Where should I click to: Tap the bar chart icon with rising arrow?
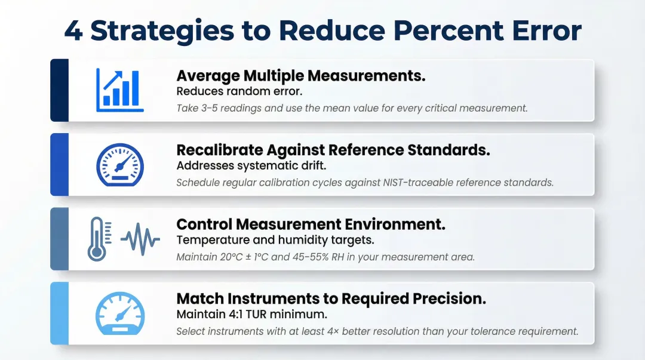click(120, 90)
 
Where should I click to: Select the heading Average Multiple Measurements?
click(301, 76)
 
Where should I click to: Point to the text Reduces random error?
click(239, 91)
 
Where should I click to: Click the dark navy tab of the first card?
click(59, 90)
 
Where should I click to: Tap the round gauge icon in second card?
click(120, 164)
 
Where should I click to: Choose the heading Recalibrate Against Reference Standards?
click(333, 150)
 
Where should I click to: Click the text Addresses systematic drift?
click(251, 165)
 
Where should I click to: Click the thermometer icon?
click(97, 239)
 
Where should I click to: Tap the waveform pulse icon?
click(140, 239)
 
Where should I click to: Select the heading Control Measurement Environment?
click(311, 224)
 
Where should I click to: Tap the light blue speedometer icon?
click(120, 313)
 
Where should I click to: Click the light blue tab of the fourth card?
click(59, 313)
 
